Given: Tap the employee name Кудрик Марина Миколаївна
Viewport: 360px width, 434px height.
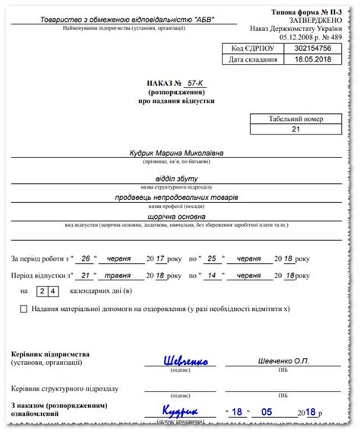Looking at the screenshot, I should [x=178, y=153].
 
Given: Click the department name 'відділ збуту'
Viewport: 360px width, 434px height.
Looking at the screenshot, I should [x=178, y=176].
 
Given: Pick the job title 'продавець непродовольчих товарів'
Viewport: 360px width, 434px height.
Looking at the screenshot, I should [x=178, y=198].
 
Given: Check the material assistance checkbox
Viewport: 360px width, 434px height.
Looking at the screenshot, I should [x=24, y=309].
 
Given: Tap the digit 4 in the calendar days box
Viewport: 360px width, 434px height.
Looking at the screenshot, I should [x=52, y=291].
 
